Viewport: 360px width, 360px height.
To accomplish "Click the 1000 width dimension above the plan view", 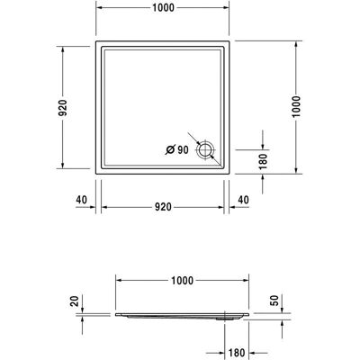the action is (x=163, y=8).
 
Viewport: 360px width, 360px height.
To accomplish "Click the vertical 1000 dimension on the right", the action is (x=296, y=107).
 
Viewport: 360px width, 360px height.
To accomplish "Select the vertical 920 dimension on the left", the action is (x=63, y=108).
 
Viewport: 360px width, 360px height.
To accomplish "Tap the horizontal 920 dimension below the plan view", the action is (x=163, y=207).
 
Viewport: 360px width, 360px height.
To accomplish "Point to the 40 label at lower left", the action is (x=81, y=200).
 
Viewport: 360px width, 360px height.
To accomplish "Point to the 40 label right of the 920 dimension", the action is (x=243, y=200).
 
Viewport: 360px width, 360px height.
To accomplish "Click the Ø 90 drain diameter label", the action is (x=177, y=149).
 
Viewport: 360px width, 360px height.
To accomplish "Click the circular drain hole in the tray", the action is (x=205, y=149).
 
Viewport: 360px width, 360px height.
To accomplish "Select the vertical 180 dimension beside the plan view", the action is (x=263, y=161).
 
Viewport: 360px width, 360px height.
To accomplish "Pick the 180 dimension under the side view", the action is (x=237, y=353).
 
